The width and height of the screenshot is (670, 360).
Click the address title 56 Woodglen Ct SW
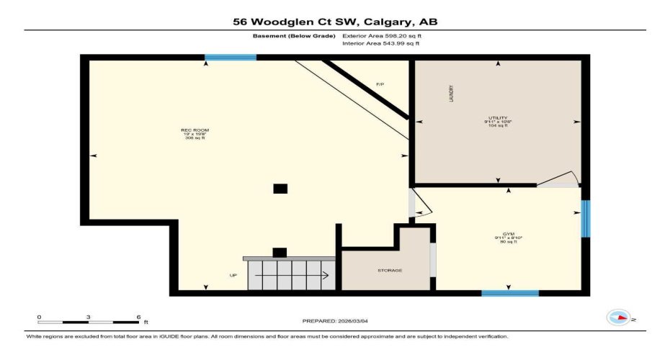point(335,22)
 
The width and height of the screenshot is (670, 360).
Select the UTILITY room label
point(498,120)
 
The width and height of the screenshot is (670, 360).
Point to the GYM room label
point(509,238)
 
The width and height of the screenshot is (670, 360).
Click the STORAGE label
point(389,271)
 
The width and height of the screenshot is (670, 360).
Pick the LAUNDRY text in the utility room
point(451,94)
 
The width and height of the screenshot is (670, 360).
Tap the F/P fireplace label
point(380,85)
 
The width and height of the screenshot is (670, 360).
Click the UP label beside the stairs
point(233,275)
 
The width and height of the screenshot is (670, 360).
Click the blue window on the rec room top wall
point(231,58)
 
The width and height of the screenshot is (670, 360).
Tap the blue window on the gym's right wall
point(586,218)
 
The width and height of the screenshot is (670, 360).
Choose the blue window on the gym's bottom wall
point(510,293)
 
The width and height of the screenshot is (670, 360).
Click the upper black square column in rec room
point(280,189)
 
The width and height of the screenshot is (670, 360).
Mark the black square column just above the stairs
point(280,252)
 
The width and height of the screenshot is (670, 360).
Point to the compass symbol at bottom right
point(618,317)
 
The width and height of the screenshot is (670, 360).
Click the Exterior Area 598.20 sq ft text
point(380,35)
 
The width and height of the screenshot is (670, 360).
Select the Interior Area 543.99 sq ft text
point(380,44)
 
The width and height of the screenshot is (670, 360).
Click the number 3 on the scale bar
point(88,317)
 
